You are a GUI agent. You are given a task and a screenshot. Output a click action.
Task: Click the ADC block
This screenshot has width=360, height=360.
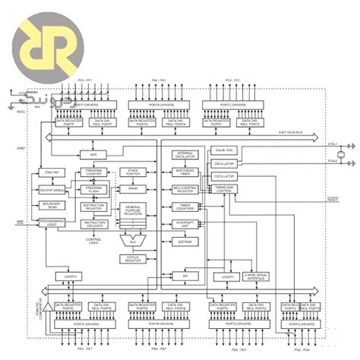click(93, 155)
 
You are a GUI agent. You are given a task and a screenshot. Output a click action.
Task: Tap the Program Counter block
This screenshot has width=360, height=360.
click(93, 173)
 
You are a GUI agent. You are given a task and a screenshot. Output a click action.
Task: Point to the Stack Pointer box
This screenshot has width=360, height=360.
click(132, 173)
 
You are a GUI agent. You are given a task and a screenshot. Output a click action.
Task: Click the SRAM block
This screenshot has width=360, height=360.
click(132, 188)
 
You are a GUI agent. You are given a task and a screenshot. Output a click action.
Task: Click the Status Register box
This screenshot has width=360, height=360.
click(132, 259)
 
